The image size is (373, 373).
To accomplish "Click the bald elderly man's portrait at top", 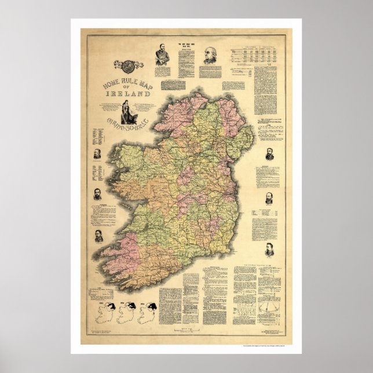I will (209, 56).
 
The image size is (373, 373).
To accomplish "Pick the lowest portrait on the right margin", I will (269, 250).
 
